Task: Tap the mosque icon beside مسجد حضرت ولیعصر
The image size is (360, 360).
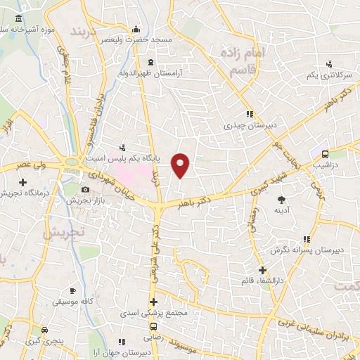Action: tap(136, 30)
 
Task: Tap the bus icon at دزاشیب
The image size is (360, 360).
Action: tap(325, 154)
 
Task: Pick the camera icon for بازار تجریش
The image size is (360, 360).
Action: tap(86, 190)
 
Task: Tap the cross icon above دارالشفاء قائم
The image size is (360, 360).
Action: tap(262, 270)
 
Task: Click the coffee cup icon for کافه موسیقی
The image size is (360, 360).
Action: tap(72, 290)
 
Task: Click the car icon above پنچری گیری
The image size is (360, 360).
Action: tap(45, 330)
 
